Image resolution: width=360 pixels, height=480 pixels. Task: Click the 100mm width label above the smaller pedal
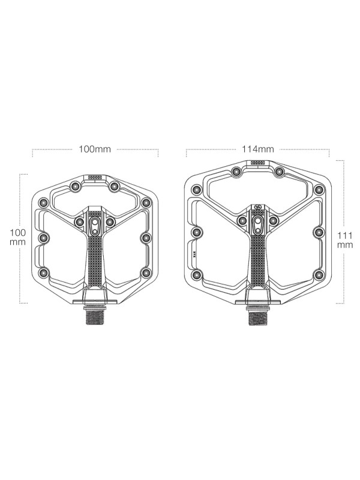pos(95,149)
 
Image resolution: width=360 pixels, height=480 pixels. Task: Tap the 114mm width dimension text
pos(259,149)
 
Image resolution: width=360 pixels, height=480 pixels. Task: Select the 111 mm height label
pos(344,239)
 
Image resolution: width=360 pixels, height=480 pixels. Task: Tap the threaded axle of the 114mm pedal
pos(258,316)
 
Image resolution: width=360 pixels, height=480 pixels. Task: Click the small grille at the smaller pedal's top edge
pos(95,178)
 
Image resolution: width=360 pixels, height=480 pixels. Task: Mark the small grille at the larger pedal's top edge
pos(258,163)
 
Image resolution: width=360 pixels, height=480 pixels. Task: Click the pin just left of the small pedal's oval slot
pos(79,222)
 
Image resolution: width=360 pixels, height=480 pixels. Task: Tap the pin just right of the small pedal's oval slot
pos(110,222)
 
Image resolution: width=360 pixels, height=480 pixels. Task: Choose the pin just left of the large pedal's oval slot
pos(242,221)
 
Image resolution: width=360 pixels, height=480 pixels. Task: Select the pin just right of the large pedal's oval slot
pos(274,221)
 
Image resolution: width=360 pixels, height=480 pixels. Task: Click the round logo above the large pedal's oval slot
pos(258,210)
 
